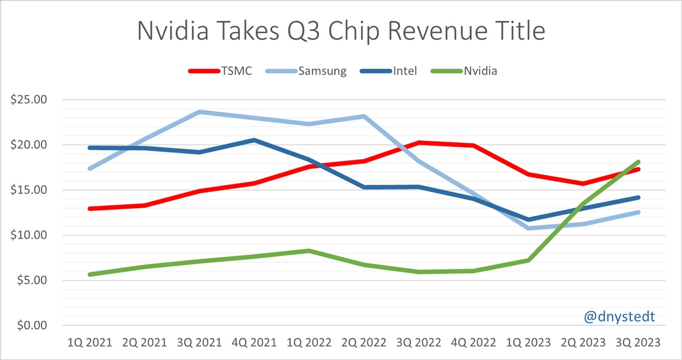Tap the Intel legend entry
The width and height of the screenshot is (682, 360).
tap(405, 71)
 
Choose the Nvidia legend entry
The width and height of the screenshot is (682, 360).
tap(479, 71)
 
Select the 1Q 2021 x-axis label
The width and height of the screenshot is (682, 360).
tap(89, 342)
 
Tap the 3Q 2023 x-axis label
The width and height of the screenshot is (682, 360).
tap(638, 342)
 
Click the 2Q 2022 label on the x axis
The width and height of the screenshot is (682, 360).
tap(364, 342)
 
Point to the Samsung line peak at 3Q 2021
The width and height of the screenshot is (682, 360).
tap(199, 112)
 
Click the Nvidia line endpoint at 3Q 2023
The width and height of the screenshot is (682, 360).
tap(638, 162)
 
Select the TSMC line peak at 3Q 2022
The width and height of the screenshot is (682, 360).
tap(419, 143)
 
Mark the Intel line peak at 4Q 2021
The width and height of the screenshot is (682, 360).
tap(254, 140)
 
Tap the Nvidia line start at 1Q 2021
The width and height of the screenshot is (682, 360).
tap(89, 274)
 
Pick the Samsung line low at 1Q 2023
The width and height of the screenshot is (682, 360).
tap(529, 228)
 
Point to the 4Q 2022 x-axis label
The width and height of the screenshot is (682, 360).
tap(473, 342)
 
